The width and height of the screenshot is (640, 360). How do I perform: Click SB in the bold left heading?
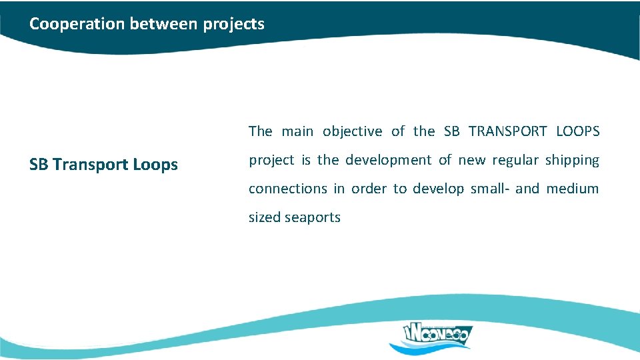click(39, 165)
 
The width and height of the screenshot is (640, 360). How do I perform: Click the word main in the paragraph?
click(297, 131)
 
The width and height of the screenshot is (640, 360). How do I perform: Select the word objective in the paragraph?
click(353, 131)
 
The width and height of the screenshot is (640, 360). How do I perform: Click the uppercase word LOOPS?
click(578, 131)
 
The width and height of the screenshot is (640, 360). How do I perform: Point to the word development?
click(388, 160)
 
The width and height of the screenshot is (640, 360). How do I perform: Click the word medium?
click(573, 189)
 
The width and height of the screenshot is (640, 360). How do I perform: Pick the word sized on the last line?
click(265, 217)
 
